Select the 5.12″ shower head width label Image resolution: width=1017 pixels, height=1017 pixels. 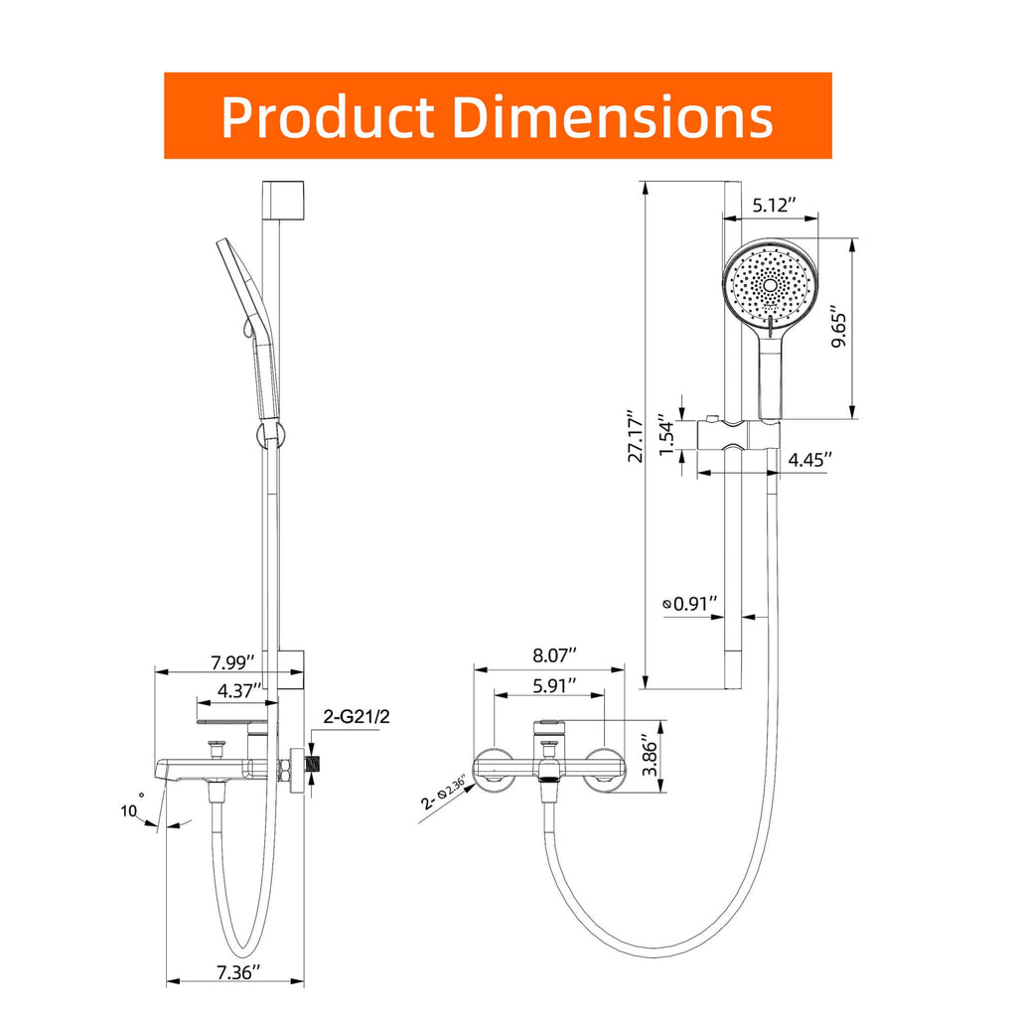772,207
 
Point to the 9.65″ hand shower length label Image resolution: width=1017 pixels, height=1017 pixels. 839,327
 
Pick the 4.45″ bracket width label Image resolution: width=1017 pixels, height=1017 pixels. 809,459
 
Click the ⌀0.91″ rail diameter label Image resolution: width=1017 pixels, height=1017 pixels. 689,603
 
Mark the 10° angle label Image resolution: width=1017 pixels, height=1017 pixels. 131,808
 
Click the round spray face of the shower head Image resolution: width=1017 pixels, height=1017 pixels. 770,285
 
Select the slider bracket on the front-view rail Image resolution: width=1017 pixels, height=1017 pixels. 737,433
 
